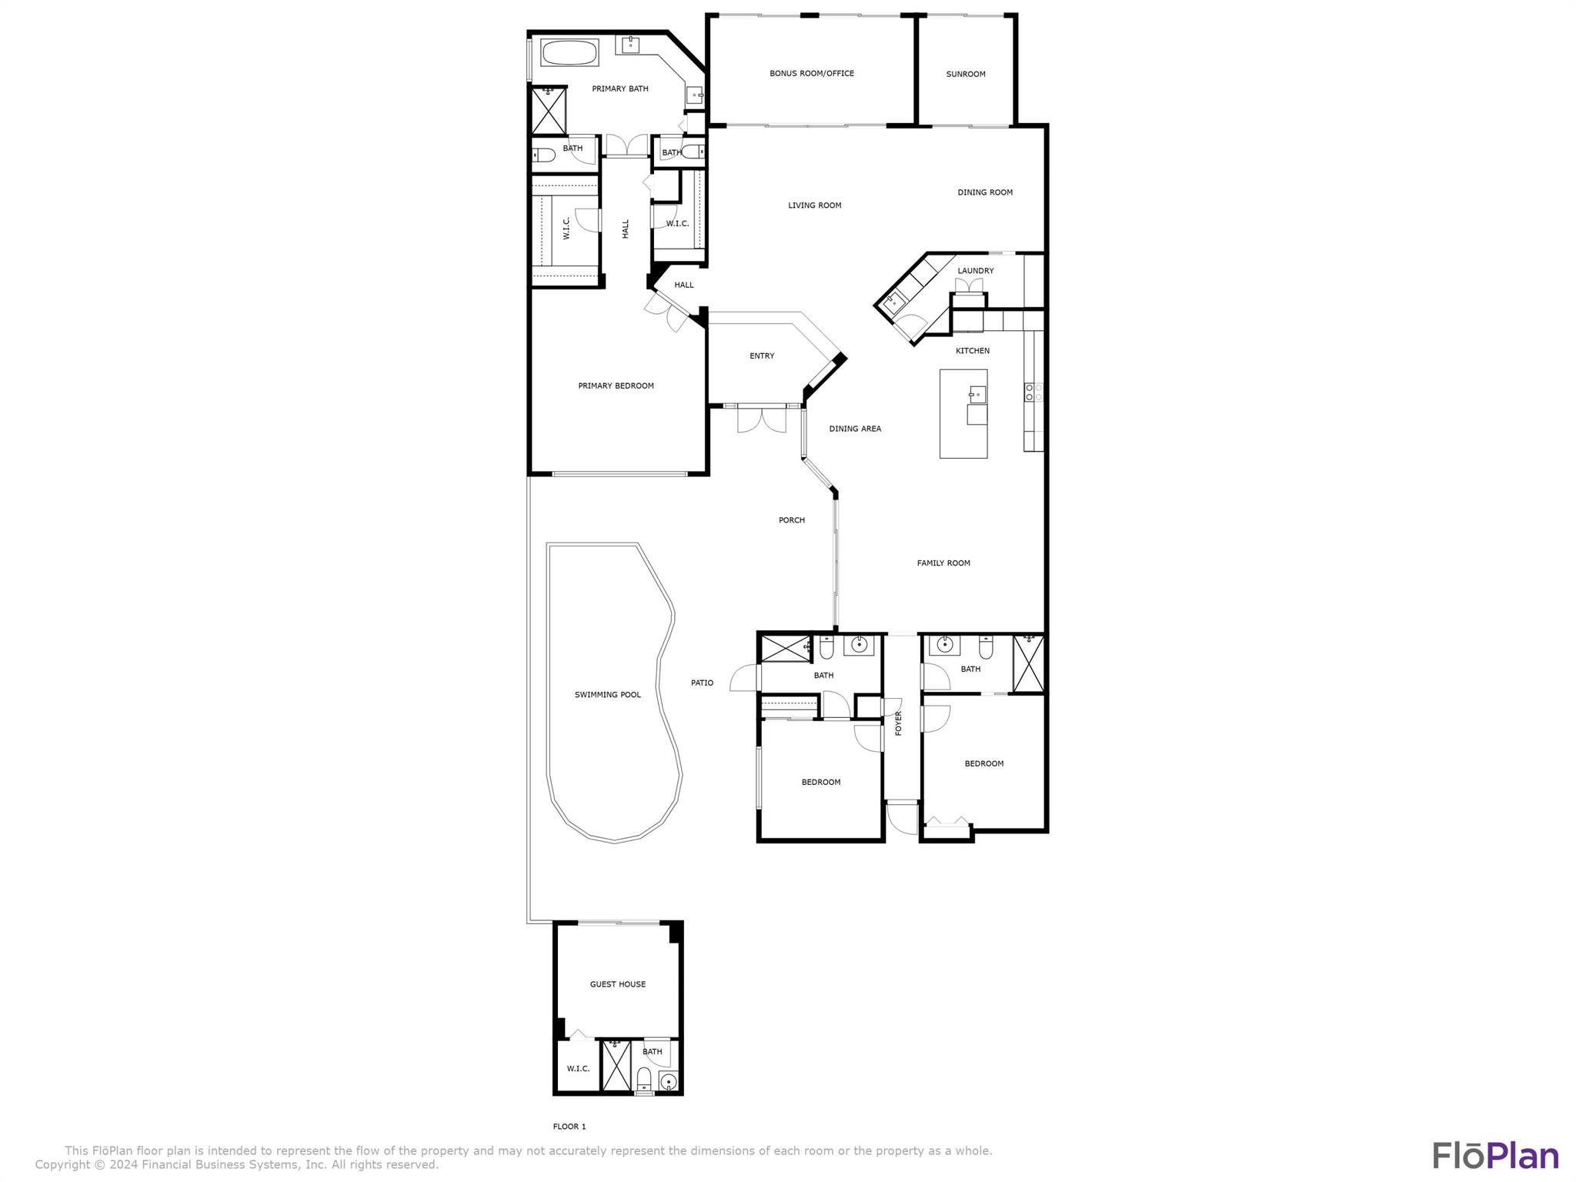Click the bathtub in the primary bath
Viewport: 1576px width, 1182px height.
click(569, 53)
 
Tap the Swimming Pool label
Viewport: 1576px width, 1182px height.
click(607, 695)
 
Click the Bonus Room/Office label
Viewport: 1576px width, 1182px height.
click(811, 74)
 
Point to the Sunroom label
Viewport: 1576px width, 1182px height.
click(965, 75)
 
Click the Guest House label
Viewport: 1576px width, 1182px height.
click(617, 984)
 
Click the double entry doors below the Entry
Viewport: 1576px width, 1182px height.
click(761, 420)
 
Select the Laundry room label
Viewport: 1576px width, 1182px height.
click(975, 271)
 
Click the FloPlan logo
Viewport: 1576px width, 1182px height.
click(1495, 1156)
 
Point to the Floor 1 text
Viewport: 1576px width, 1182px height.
click(569, 1127)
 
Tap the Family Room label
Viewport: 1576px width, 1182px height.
click(943, 563)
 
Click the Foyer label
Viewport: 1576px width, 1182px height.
click(898, 723)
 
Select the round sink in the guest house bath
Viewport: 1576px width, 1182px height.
click(669, 1083)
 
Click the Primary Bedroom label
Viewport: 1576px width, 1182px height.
click(616, 386)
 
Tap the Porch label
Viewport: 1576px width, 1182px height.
click(791, 520)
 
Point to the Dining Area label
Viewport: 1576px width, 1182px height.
click(854, 429)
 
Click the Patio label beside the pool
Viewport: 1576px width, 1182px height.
click(701, 683)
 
